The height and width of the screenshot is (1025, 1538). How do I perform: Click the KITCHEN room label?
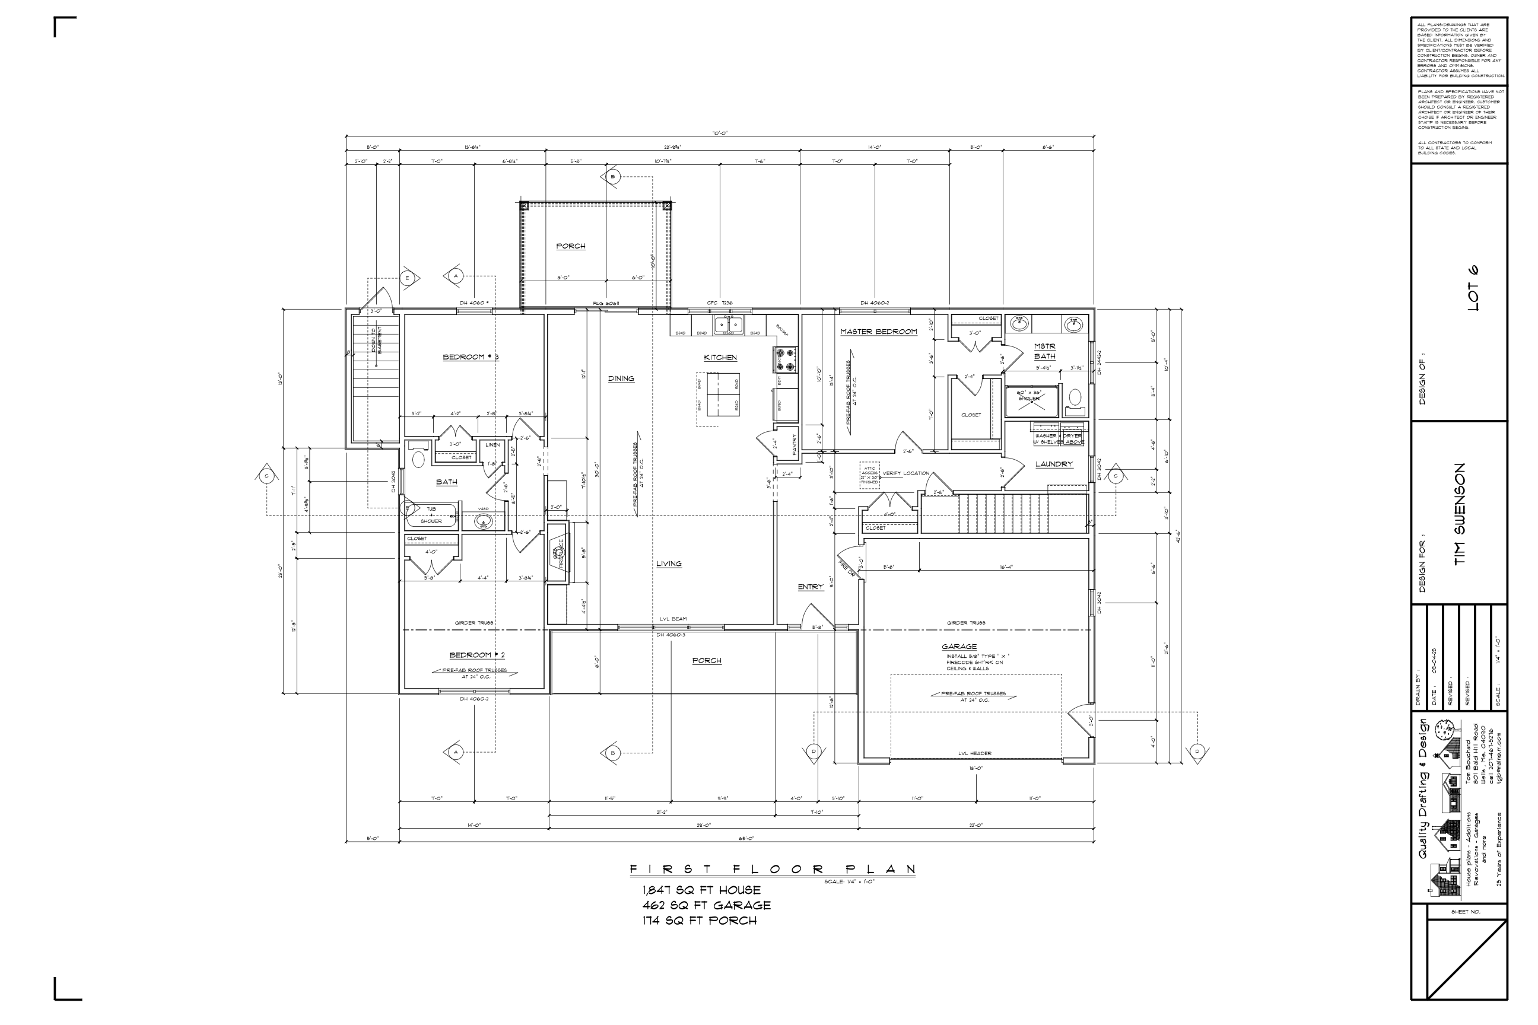720,358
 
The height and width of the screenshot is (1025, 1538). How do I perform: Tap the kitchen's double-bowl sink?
729,324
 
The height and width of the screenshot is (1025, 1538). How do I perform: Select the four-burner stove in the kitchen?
786,359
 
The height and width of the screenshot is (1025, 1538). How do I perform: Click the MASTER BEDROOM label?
878,332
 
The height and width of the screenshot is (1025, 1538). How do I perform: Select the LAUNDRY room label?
1053,464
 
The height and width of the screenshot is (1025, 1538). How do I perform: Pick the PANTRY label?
795,444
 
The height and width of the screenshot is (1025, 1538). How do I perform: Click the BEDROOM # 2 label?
476,655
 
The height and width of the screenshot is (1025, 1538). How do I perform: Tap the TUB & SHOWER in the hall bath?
431,515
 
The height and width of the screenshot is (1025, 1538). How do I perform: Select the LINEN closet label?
492,445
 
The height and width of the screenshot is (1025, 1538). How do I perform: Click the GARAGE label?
959,647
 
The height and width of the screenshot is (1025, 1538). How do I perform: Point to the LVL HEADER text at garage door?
974,753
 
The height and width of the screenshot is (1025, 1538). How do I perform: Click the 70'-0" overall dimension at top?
719,133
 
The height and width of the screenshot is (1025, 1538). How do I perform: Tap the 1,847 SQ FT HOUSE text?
701,890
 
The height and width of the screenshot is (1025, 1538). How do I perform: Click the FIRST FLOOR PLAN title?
771,870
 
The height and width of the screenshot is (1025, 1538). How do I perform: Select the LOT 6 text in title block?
1473,288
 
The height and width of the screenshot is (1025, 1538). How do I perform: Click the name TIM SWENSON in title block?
1460,514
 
